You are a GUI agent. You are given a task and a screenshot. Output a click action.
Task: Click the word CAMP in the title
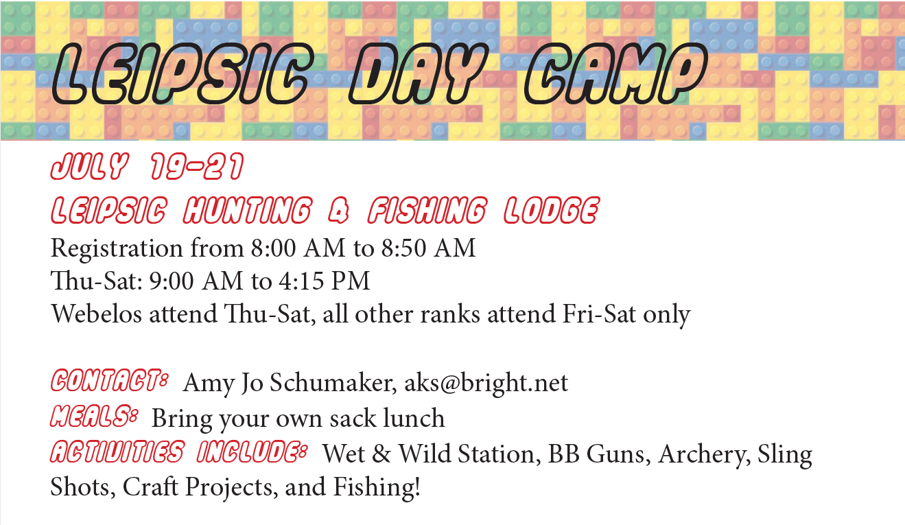click(x=616, y=73)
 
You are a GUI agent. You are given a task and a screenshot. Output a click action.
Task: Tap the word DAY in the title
click(x=418, y=73)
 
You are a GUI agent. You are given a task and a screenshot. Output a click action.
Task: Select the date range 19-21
click(x=197, y=166)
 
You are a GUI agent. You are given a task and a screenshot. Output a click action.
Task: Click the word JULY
click(x=90, y=166)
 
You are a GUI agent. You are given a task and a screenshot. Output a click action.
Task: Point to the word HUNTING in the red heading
click(x=248, y=210)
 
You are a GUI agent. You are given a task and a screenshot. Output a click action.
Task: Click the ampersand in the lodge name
click(x=338, y=211)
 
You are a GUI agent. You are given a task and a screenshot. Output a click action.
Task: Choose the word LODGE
click(x=552, y=210)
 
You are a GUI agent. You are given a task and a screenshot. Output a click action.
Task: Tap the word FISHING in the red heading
click(x=427, y=210)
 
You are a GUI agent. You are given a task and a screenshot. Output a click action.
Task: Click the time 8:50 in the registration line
click(x=403, y=248)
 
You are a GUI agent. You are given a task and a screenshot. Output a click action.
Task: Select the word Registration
click(x=117, y=248)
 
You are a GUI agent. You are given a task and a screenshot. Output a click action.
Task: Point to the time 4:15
click(x=301, y=281)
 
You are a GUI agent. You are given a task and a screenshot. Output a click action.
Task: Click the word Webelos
click(x=96, y=314)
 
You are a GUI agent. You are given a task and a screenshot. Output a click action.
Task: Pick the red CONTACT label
click(x=109, y=380)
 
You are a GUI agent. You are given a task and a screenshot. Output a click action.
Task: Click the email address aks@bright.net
click(x=486, y=383)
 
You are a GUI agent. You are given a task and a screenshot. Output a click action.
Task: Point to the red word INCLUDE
click(x=252, y=451)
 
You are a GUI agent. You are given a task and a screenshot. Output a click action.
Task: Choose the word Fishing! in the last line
click(x=377, y=486)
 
